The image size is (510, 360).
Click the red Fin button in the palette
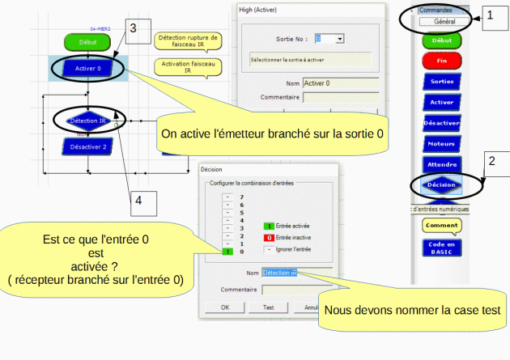(441, 60)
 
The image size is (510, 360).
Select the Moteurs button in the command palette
(441, 144)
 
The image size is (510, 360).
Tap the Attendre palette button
(441, 164)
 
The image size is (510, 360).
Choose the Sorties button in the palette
(441, 82)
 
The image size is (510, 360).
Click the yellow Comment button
(441, 225)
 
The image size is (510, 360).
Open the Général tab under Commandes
(444, 23)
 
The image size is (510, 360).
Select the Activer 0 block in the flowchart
(87, 69)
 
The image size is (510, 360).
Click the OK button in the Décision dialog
(225, 307)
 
